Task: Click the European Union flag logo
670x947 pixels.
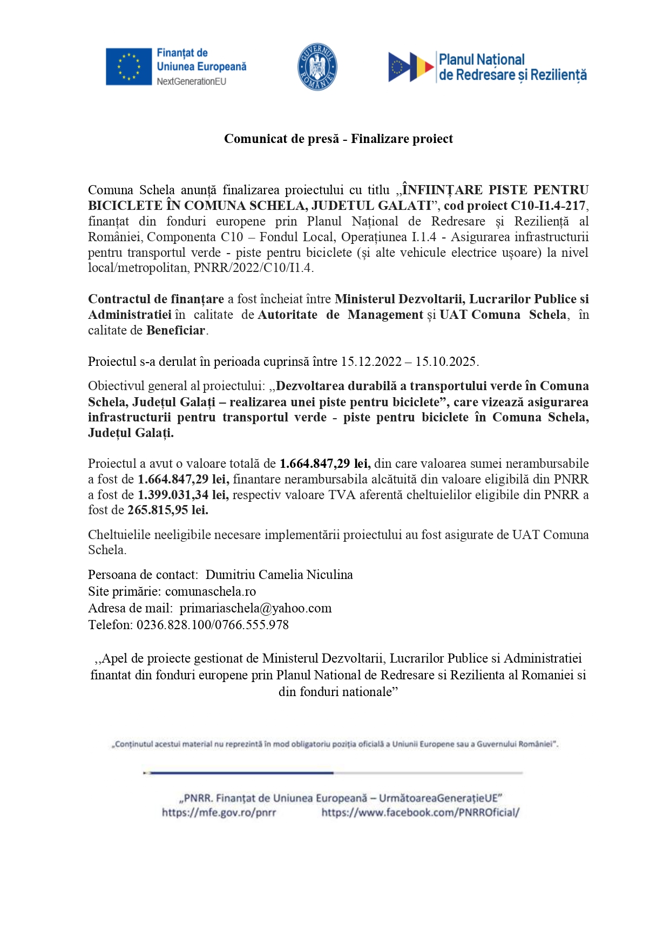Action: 128,67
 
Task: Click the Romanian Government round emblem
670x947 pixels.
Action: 317,67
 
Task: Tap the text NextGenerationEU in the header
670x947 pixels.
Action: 191,81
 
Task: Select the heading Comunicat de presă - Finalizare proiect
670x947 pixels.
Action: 338,139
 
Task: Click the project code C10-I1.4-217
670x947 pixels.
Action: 548,206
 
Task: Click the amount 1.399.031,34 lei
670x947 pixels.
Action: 183,495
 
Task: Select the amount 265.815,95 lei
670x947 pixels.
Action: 167,510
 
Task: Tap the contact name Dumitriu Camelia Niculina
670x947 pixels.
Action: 279,575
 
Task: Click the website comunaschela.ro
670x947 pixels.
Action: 211,591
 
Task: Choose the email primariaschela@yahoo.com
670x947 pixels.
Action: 255,608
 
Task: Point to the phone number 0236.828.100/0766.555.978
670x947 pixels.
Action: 213,625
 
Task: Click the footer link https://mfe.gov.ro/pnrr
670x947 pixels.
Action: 219,813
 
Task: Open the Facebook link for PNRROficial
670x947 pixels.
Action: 420,813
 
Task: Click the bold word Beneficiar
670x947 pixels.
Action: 175,330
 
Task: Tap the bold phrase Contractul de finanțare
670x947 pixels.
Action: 156,299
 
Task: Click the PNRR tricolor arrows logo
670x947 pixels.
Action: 411,67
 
